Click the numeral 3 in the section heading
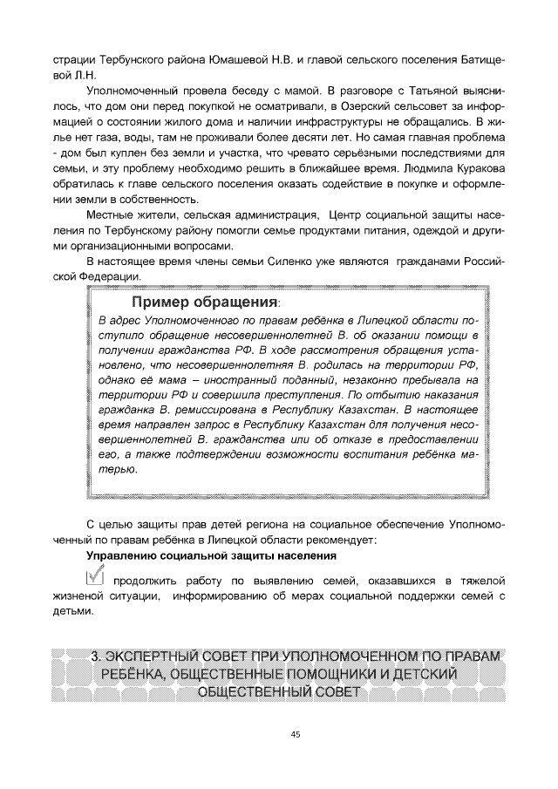tap(95, 656)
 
